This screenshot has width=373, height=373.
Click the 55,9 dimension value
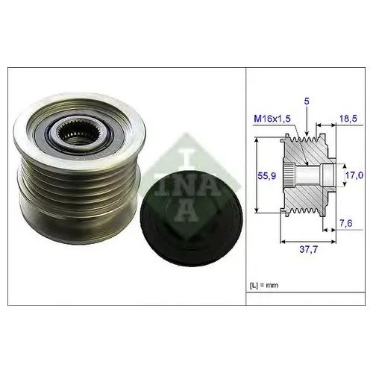tap(266, 176)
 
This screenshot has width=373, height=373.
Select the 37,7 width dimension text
tap(308, 249)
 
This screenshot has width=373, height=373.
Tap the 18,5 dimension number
tap(348, 119)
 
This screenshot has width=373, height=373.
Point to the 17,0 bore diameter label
tap(354, 175)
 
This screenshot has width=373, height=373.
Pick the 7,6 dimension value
tap(346, 223)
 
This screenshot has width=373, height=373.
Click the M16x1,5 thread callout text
tap(272, 119)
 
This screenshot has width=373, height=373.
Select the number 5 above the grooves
tap(307, 101)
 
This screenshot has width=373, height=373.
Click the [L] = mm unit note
tap(264, 285)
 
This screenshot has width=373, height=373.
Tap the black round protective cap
tap(191, 219)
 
